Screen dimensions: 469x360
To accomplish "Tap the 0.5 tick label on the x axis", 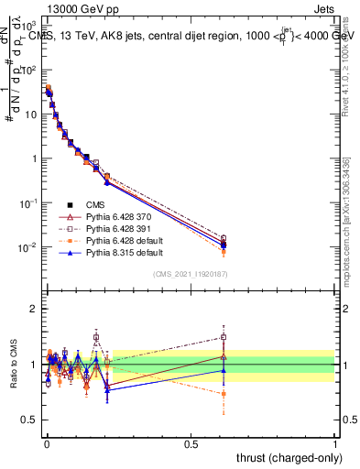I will point(191,442).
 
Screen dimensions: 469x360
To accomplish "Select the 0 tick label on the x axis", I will point(46,442).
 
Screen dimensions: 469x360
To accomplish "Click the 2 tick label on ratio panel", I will point(33,309).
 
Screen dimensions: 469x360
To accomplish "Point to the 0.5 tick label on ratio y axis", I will point(27,420).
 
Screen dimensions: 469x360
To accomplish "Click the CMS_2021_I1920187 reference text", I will point(191,275).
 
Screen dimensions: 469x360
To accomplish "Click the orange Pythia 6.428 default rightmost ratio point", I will point(223,394).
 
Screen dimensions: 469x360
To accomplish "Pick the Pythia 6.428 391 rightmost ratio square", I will point(223,336).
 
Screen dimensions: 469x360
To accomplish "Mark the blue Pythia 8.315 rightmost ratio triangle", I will point(223,370).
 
